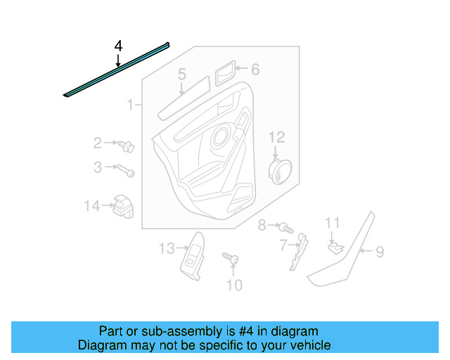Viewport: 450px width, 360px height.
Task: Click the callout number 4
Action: tap(118, 46)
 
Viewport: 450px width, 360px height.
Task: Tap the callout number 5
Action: tap(181, 74)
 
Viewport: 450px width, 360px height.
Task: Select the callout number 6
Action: tap(255, 69)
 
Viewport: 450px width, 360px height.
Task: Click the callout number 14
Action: tap(92, 206)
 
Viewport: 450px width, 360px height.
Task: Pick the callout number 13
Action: tap(165, 248)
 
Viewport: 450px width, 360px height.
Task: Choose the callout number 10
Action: tap(234, 285)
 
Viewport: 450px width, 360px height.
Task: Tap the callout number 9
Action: tap(379, 251)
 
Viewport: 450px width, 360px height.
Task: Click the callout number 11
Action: tap(332, 223)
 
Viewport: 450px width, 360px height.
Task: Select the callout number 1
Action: tap(130, 105)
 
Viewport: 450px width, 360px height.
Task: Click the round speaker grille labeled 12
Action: tap(280, 171)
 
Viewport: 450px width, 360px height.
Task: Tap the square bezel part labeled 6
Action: tap(226, 71)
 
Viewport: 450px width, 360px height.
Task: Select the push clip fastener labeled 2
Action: tap(127, 146)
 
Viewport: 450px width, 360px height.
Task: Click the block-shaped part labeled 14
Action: tap(123, 205)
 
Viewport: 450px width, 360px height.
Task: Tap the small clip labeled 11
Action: tap(334, 246)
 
